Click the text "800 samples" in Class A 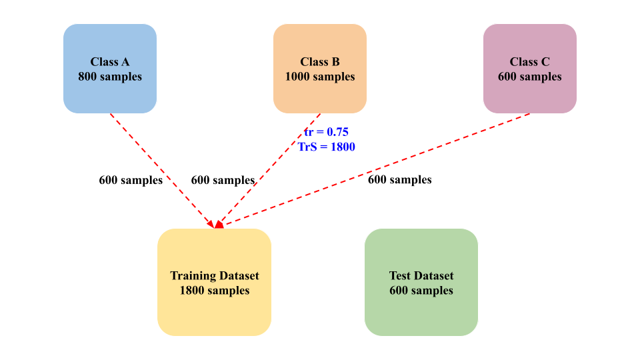[x=110, y=77]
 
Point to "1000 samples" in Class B [x=320, y=77]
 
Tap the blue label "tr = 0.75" [x=326, y=131]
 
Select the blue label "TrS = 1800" [x=327, y=147]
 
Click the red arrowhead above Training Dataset [x=218, y=225]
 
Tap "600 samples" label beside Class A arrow [x=131, y=180]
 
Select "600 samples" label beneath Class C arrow [x=399, y=179]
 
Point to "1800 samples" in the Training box [x=214, y=291]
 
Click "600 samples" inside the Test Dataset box [x=421, y=291]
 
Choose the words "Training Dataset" [x=214, y=275]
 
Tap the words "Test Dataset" [x=421, y=275]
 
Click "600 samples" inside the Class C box [x=530, y=77]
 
